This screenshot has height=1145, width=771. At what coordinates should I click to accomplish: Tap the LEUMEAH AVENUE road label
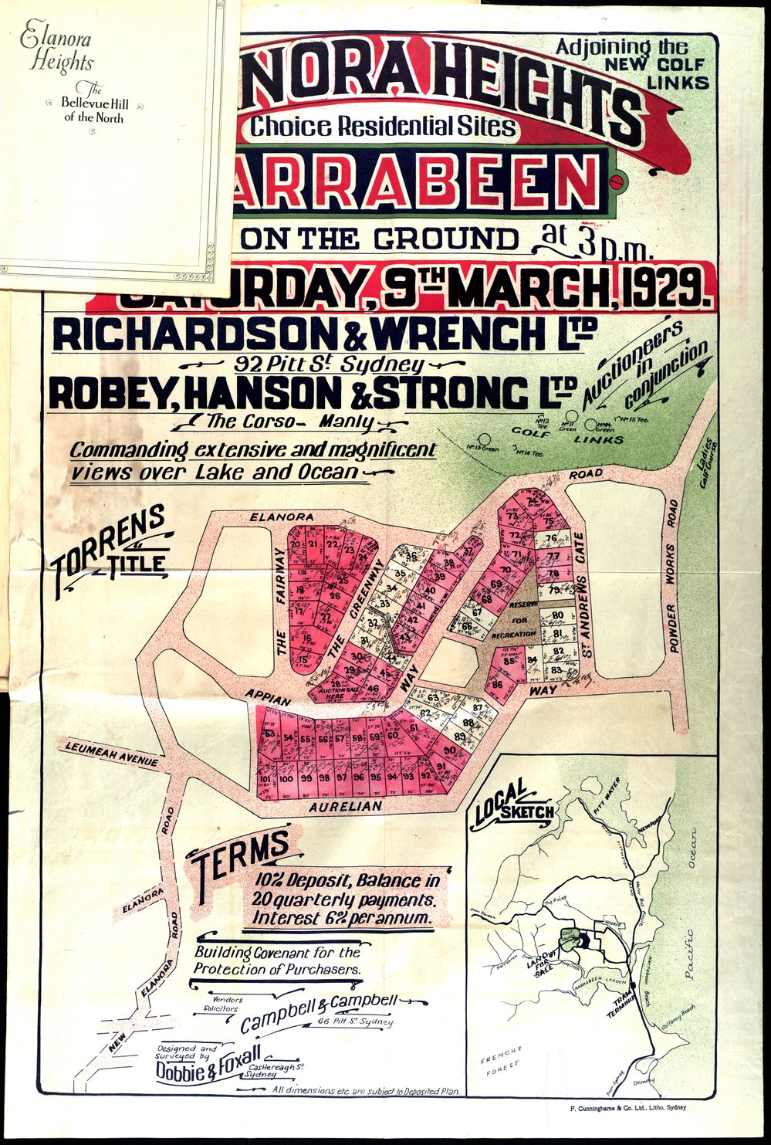point(112,754)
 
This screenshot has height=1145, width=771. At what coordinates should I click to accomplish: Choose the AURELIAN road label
point(345,806)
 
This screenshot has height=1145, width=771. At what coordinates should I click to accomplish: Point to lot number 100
point(286,779)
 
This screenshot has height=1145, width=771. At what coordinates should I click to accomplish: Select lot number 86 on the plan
point(498,684)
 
